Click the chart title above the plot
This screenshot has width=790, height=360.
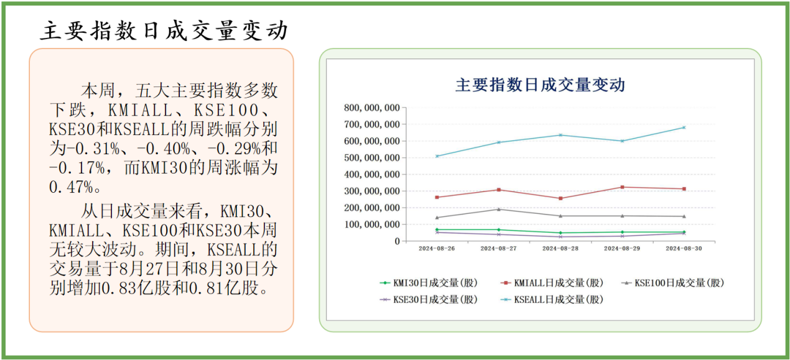540,85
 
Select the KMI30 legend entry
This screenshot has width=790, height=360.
429,283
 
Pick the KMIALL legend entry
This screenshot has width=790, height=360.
552,283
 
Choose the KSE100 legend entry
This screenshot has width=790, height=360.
673,283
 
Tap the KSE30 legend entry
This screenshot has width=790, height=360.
429,299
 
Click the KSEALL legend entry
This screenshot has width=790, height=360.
552,299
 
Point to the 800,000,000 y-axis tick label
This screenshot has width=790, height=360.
372,108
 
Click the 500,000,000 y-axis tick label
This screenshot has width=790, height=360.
372,157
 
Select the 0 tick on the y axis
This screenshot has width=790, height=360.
397,241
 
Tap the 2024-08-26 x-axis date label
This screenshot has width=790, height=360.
437,249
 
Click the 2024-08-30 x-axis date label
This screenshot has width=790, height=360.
684,249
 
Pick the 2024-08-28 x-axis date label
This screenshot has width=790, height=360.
560,249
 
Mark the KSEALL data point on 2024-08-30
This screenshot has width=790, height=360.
684,127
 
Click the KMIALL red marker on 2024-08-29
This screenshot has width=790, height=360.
622,187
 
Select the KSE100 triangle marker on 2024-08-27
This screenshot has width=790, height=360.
499,210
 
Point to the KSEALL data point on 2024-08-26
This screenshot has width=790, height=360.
437,156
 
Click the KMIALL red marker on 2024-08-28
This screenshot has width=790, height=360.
560,198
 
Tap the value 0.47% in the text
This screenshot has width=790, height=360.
71,187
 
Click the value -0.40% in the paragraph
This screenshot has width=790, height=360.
164,149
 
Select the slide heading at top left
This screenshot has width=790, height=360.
164,31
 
